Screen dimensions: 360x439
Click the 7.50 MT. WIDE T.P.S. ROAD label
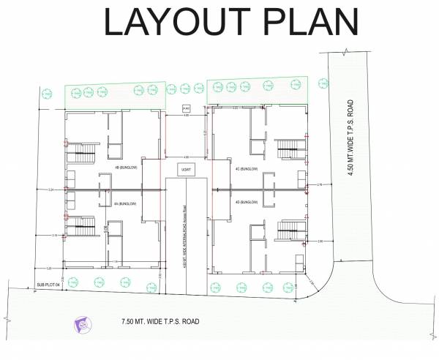(x=160, y=321)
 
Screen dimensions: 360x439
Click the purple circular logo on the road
(x=81, y=323)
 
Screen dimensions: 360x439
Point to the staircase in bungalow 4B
(x=83, y=155)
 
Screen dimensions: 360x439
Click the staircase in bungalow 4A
(x=83, y=226)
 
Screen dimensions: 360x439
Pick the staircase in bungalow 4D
(x=288, y=231)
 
